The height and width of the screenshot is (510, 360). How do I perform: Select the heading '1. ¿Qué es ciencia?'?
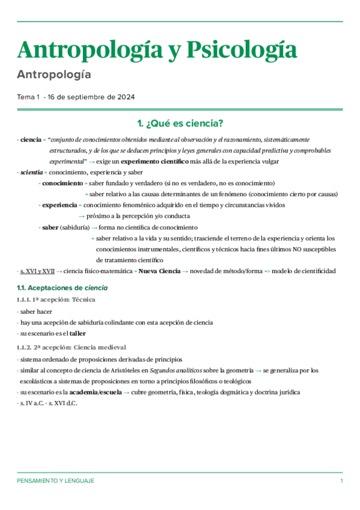point(180,124)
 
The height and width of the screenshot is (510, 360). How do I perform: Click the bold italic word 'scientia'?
point(31,172)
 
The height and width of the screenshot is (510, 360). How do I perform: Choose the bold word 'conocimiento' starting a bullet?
point(62,183)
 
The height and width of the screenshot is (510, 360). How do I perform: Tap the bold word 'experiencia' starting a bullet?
point(59,205)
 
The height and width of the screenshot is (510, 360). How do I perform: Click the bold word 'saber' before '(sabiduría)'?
point(50,227)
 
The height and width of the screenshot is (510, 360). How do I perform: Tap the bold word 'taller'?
point(77,333)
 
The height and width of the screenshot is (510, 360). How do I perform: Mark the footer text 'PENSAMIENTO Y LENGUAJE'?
point(55,481)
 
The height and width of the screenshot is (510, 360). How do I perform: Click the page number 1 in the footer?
point(341,481)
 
